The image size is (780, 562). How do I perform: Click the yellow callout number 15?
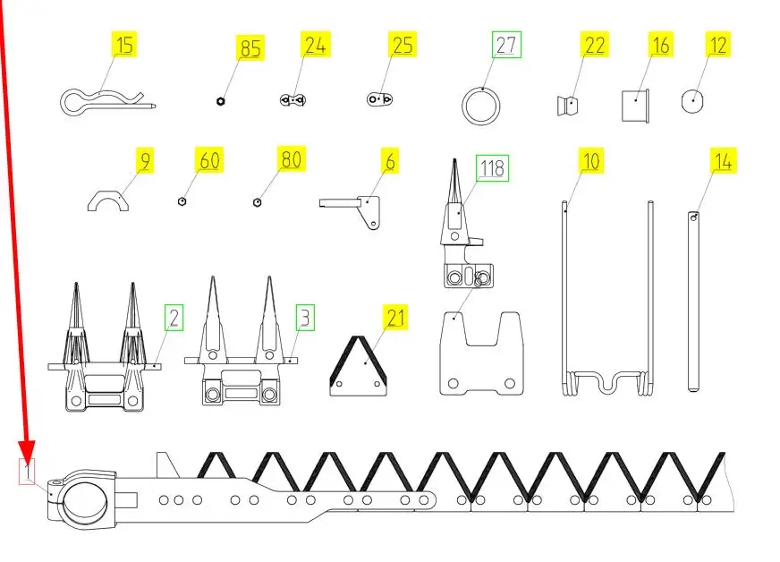tap(123, 45)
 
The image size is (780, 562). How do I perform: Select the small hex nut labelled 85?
tap(221, 101)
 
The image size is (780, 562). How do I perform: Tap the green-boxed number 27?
tap(506, 45)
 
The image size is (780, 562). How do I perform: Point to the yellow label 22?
tap(595, 45)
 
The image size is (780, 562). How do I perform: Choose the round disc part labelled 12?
tap(692, 101)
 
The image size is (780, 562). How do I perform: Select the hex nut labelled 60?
tap(182, 201)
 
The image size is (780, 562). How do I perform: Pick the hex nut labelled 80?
tap(258, 202)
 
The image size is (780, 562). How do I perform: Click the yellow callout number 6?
tap(390, 161)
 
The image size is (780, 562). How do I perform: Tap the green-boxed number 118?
tap(493, 168)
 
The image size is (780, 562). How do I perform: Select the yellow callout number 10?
tap(591, 161)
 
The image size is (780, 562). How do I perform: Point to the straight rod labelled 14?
tap(693, 302)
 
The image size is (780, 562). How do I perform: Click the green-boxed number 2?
tap(174, 318)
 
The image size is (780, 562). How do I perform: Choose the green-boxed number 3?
tap(305, 318)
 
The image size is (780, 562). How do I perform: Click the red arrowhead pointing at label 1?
tap(27, 450)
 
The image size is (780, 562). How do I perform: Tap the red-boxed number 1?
tap(27, 471)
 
